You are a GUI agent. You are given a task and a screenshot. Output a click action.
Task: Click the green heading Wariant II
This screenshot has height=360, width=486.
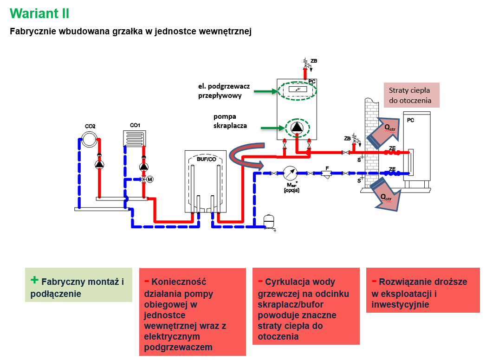(39, 13)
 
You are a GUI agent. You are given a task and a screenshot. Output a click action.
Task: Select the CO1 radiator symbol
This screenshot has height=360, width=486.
(135, 138)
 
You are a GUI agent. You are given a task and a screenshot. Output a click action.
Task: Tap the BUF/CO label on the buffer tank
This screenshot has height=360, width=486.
(206, 159)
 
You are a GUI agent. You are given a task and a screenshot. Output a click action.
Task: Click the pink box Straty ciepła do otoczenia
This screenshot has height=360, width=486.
(410, 95)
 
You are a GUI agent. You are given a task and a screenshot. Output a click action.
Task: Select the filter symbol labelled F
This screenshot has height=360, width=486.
(327, 174)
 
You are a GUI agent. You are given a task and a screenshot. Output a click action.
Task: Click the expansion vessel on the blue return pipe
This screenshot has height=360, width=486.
(269, 221)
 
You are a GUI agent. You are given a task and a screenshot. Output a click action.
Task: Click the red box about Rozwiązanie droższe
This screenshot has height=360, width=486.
(422, 290)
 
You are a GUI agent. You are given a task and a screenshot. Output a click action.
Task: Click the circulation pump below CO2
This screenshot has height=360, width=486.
(99, 165)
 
